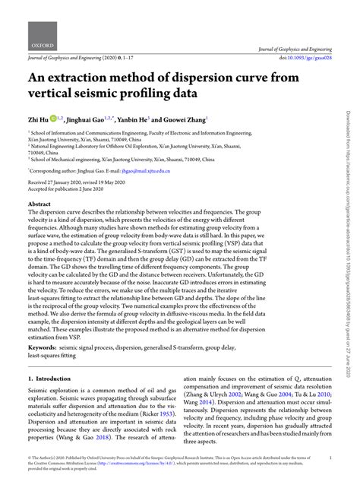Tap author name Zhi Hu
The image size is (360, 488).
point(39,120)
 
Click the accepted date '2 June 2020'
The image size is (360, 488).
point(93,189)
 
